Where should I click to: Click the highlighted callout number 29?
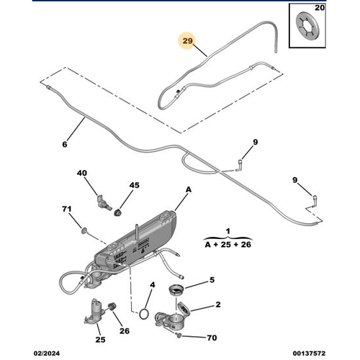[187, 41]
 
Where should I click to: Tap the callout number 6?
[65, 144]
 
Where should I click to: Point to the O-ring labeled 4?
[143, 314]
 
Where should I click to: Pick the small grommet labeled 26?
[112, 307]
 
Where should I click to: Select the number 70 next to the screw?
[212, 338]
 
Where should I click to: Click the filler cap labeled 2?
[184, 309]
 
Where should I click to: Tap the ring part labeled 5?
[176, 289]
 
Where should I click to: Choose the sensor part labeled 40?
[104, 203]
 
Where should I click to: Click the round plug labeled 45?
[117, 212]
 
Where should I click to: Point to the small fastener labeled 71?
[84, 230]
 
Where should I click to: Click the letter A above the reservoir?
[189, 189]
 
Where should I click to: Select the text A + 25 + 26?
[228, 245]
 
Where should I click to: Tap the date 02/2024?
[47, 354]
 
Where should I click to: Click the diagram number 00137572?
[309, 354]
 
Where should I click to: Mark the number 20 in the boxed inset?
[320, 8]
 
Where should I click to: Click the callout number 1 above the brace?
[228, 231]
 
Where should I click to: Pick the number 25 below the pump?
[100, 340]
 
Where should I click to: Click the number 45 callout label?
[134, 185]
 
